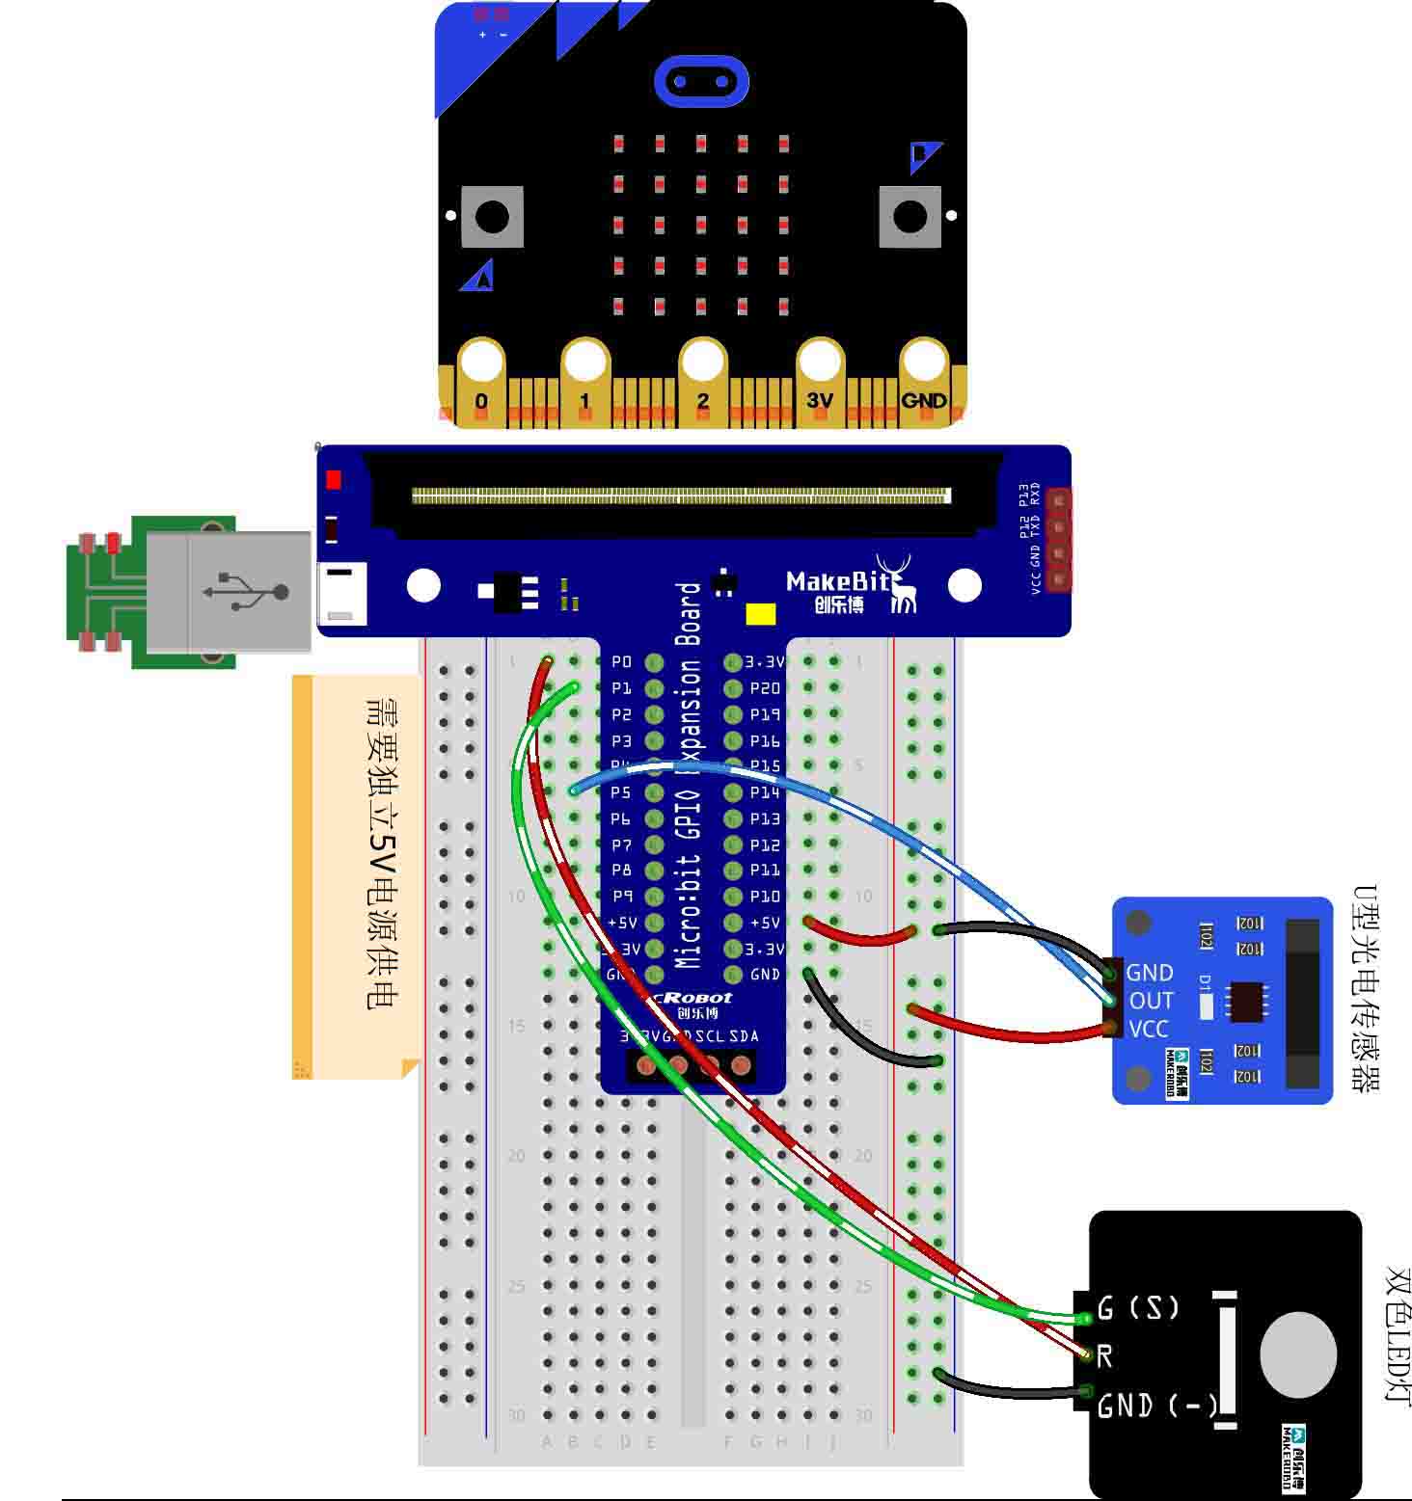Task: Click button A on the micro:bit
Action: point(492,216)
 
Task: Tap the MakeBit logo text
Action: point(832,581)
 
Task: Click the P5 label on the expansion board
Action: point(621,792)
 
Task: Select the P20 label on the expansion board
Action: point(765,688)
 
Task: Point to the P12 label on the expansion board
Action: point(765,844)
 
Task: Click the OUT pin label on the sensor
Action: point(1151,1001)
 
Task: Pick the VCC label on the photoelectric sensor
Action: point(1148,1029)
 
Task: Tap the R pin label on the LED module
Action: point(1105,1356)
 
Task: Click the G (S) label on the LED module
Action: point(1138,1308)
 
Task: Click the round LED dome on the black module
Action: point(1298,1354)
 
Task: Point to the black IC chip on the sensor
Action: point(1245,1001)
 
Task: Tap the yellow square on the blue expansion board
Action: point(761,615)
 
